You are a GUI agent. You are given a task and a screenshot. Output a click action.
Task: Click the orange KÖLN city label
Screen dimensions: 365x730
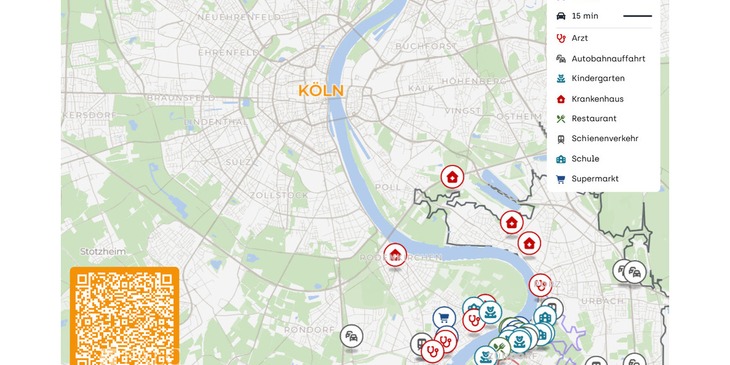point(321,91)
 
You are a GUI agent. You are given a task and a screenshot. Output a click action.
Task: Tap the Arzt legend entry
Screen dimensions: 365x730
point(579,38)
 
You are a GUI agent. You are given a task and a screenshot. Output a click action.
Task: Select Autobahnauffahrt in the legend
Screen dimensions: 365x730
point(608,59)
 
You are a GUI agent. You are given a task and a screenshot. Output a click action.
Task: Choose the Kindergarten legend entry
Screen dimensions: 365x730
point(597,78)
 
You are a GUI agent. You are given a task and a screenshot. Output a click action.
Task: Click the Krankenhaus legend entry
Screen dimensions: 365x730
point(597,99)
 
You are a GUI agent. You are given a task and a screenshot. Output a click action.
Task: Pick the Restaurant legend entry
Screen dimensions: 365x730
point(594,119)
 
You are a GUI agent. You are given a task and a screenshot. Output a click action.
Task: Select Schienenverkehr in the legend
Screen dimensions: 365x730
point(604,139)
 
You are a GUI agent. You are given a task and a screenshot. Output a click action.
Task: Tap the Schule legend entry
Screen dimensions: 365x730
point(585,159)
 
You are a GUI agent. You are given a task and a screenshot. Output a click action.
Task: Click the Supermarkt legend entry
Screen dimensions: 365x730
point(594,179)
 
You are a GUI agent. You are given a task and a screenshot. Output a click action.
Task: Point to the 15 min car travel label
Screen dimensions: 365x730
point(585,16)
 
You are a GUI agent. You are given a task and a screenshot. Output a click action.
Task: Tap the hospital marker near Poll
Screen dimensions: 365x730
point(452,177)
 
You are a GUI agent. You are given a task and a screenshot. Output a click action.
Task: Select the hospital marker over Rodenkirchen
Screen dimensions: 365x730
point(395,254)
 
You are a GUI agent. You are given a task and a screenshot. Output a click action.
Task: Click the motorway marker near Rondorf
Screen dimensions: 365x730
point(352,336)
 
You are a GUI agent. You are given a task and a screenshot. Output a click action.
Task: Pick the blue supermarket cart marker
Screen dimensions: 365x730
point(444,318)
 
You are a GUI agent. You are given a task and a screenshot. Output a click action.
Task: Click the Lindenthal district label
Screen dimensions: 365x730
point(216,122)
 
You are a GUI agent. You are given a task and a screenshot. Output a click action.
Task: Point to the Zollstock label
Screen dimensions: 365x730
point(279,195)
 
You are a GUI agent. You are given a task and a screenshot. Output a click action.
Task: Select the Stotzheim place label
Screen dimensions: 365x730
point(103,252)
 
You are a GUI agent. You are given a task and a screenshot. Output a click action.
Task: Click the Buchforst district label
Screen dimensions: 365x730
point(426,46)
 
